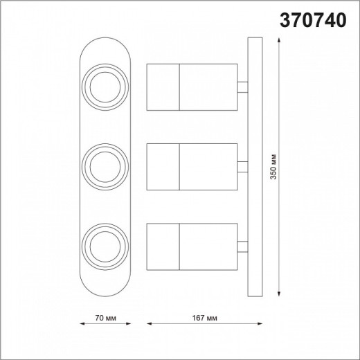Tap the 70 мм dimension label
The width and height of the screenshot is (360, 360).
click(103, 318)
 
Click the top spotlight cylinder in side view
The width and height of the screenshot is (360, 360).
click(192, 87)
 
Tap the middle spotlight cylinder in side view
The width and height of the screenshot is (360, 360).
click(192, 165)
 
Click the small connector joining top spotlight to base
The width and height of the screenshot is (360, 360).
click(242, 87)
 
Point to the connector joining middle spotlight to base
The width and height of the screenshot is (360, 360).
click(242, 165)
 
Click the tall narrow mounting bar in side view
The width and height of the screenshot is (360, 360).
click(254, 166)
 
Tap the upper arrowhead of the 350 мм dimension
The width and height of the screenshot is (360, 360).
click(278, 42)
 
